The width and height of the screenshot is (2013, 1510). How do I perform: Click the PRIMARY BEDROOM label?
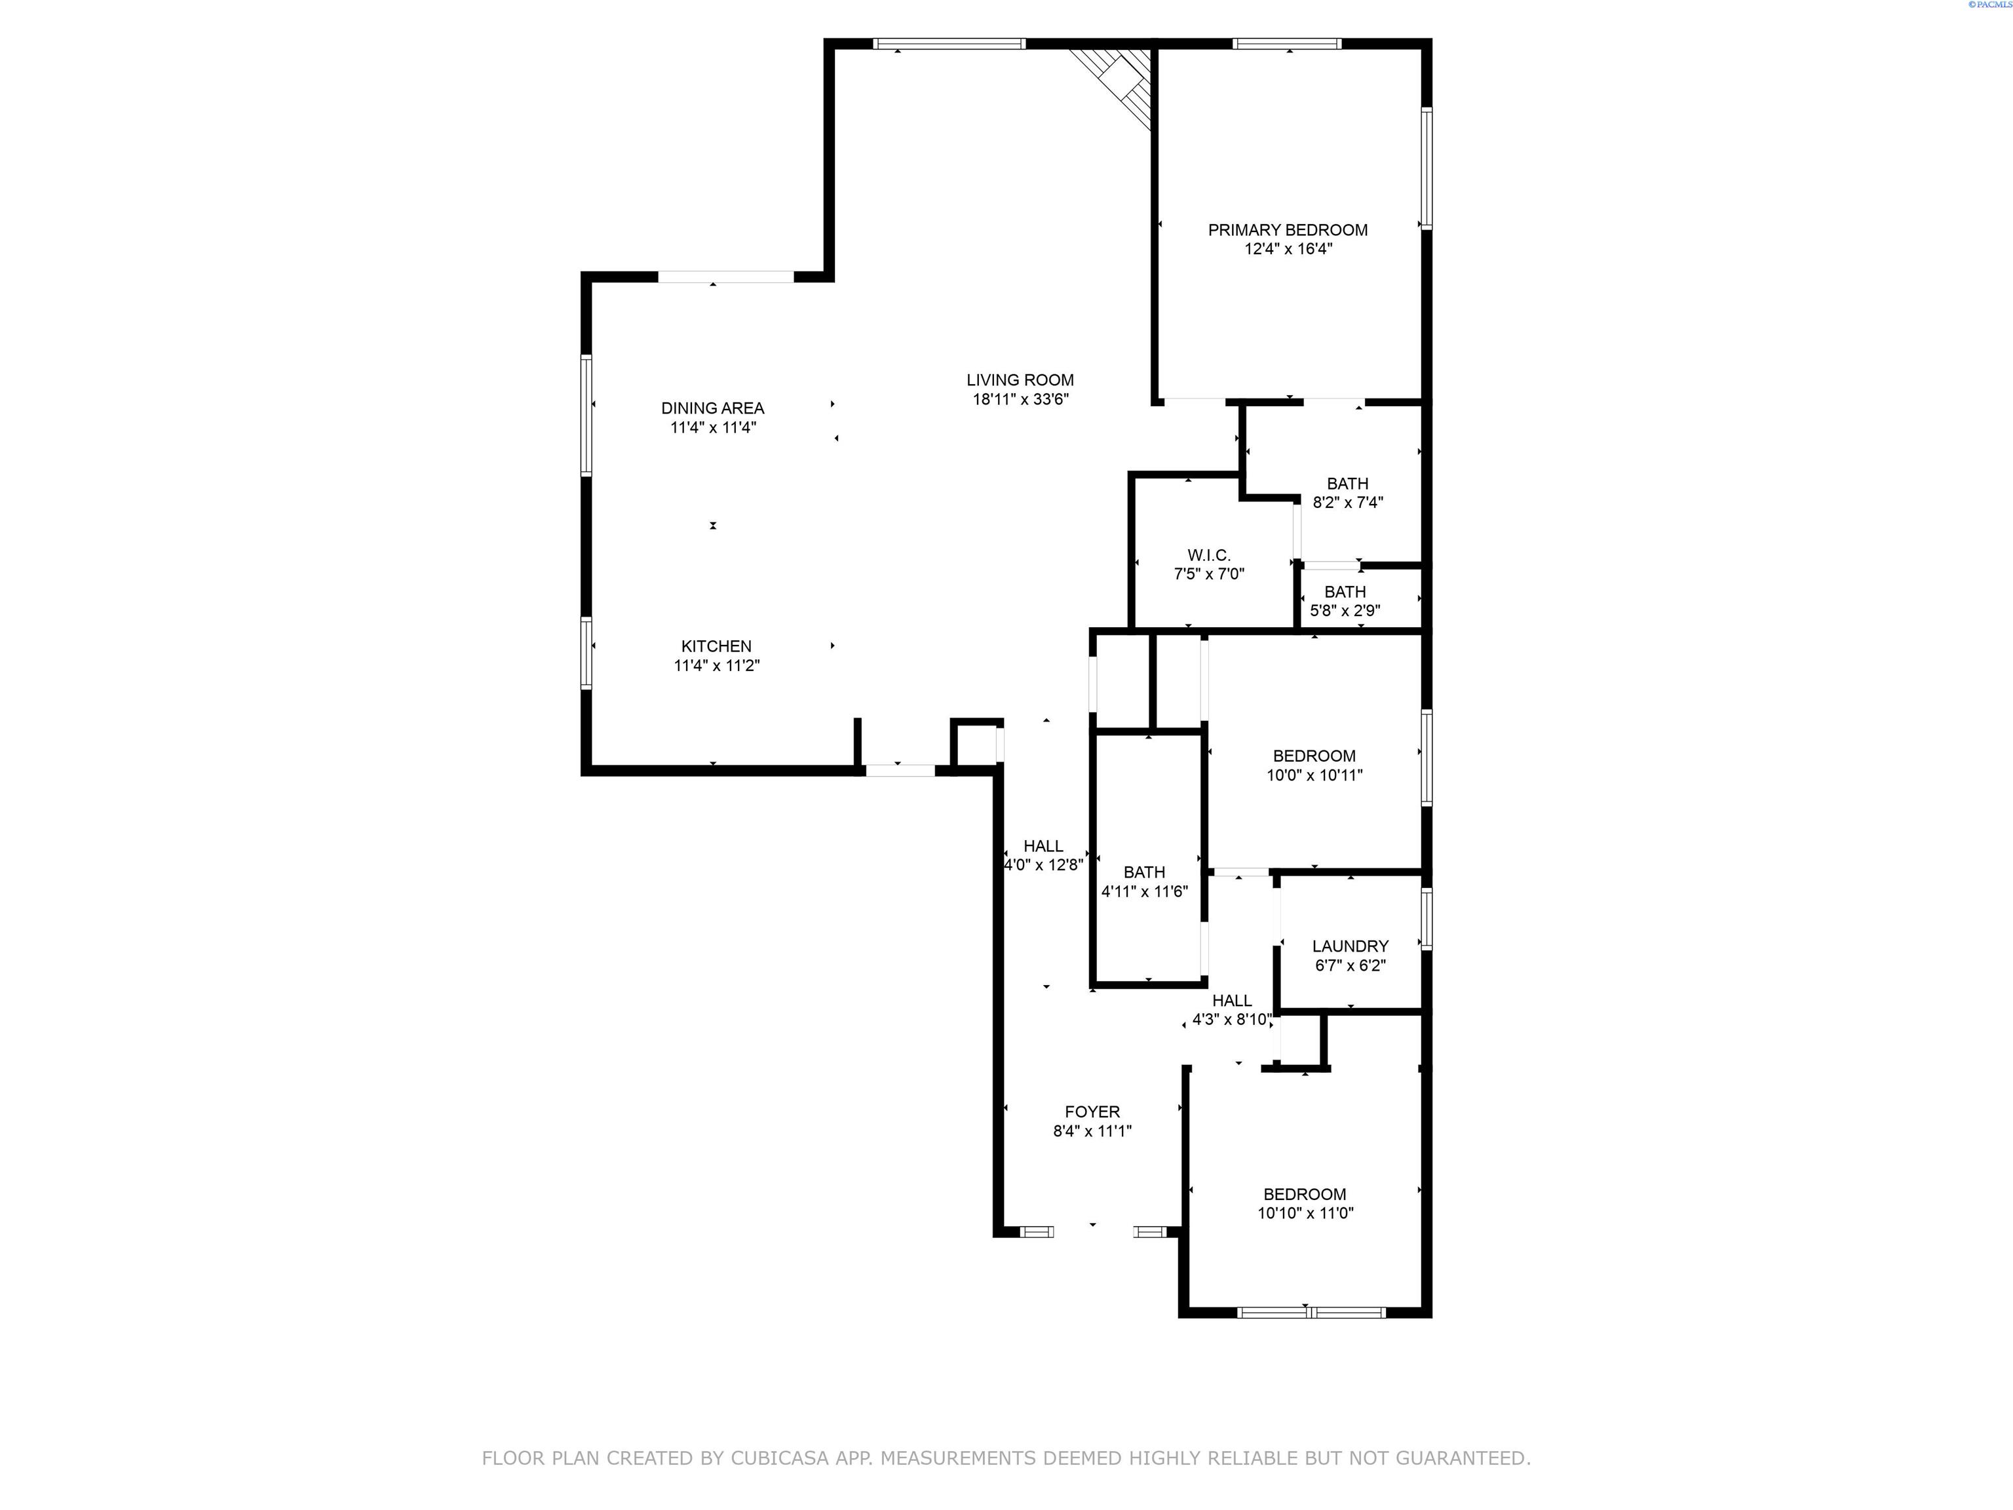point(1288,230)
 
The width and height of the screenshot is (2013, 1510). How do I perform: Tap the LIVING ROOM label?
point(1020,381)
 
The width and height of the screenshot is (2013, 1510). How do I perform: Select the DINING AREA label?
point(712,409)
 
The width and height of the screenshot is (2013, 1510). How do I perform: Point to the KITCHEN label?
point(716,646)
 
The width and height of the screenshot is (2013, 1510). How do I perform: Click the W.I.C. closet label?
point(1208,555)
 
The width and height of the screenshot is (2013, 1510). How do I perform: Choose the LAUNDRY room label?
point(1351,946)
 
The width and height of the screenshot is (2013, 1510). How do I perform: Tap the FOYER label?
point(1092,1112)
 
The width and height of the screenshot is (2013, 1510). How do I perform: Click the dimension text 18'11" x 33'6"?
point(1020,400)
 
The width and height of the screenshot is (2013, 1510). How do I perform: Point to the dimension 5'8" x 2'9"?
point(1345,611)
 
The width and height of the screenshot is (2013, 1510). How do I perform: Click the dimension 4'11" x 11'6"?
point(1145,892)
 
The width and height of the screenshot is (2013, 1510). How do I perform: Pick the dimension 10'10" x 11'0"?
point(1305,1213)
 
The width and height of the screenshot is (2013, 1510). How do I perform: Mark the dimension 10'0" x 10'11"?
point(1314,775)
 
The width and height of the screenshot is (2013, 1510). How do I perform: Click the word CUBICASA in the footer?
point(780,1458)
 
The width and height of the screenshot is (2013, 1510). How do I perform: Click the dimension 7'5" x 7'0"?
point(1208,574)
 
